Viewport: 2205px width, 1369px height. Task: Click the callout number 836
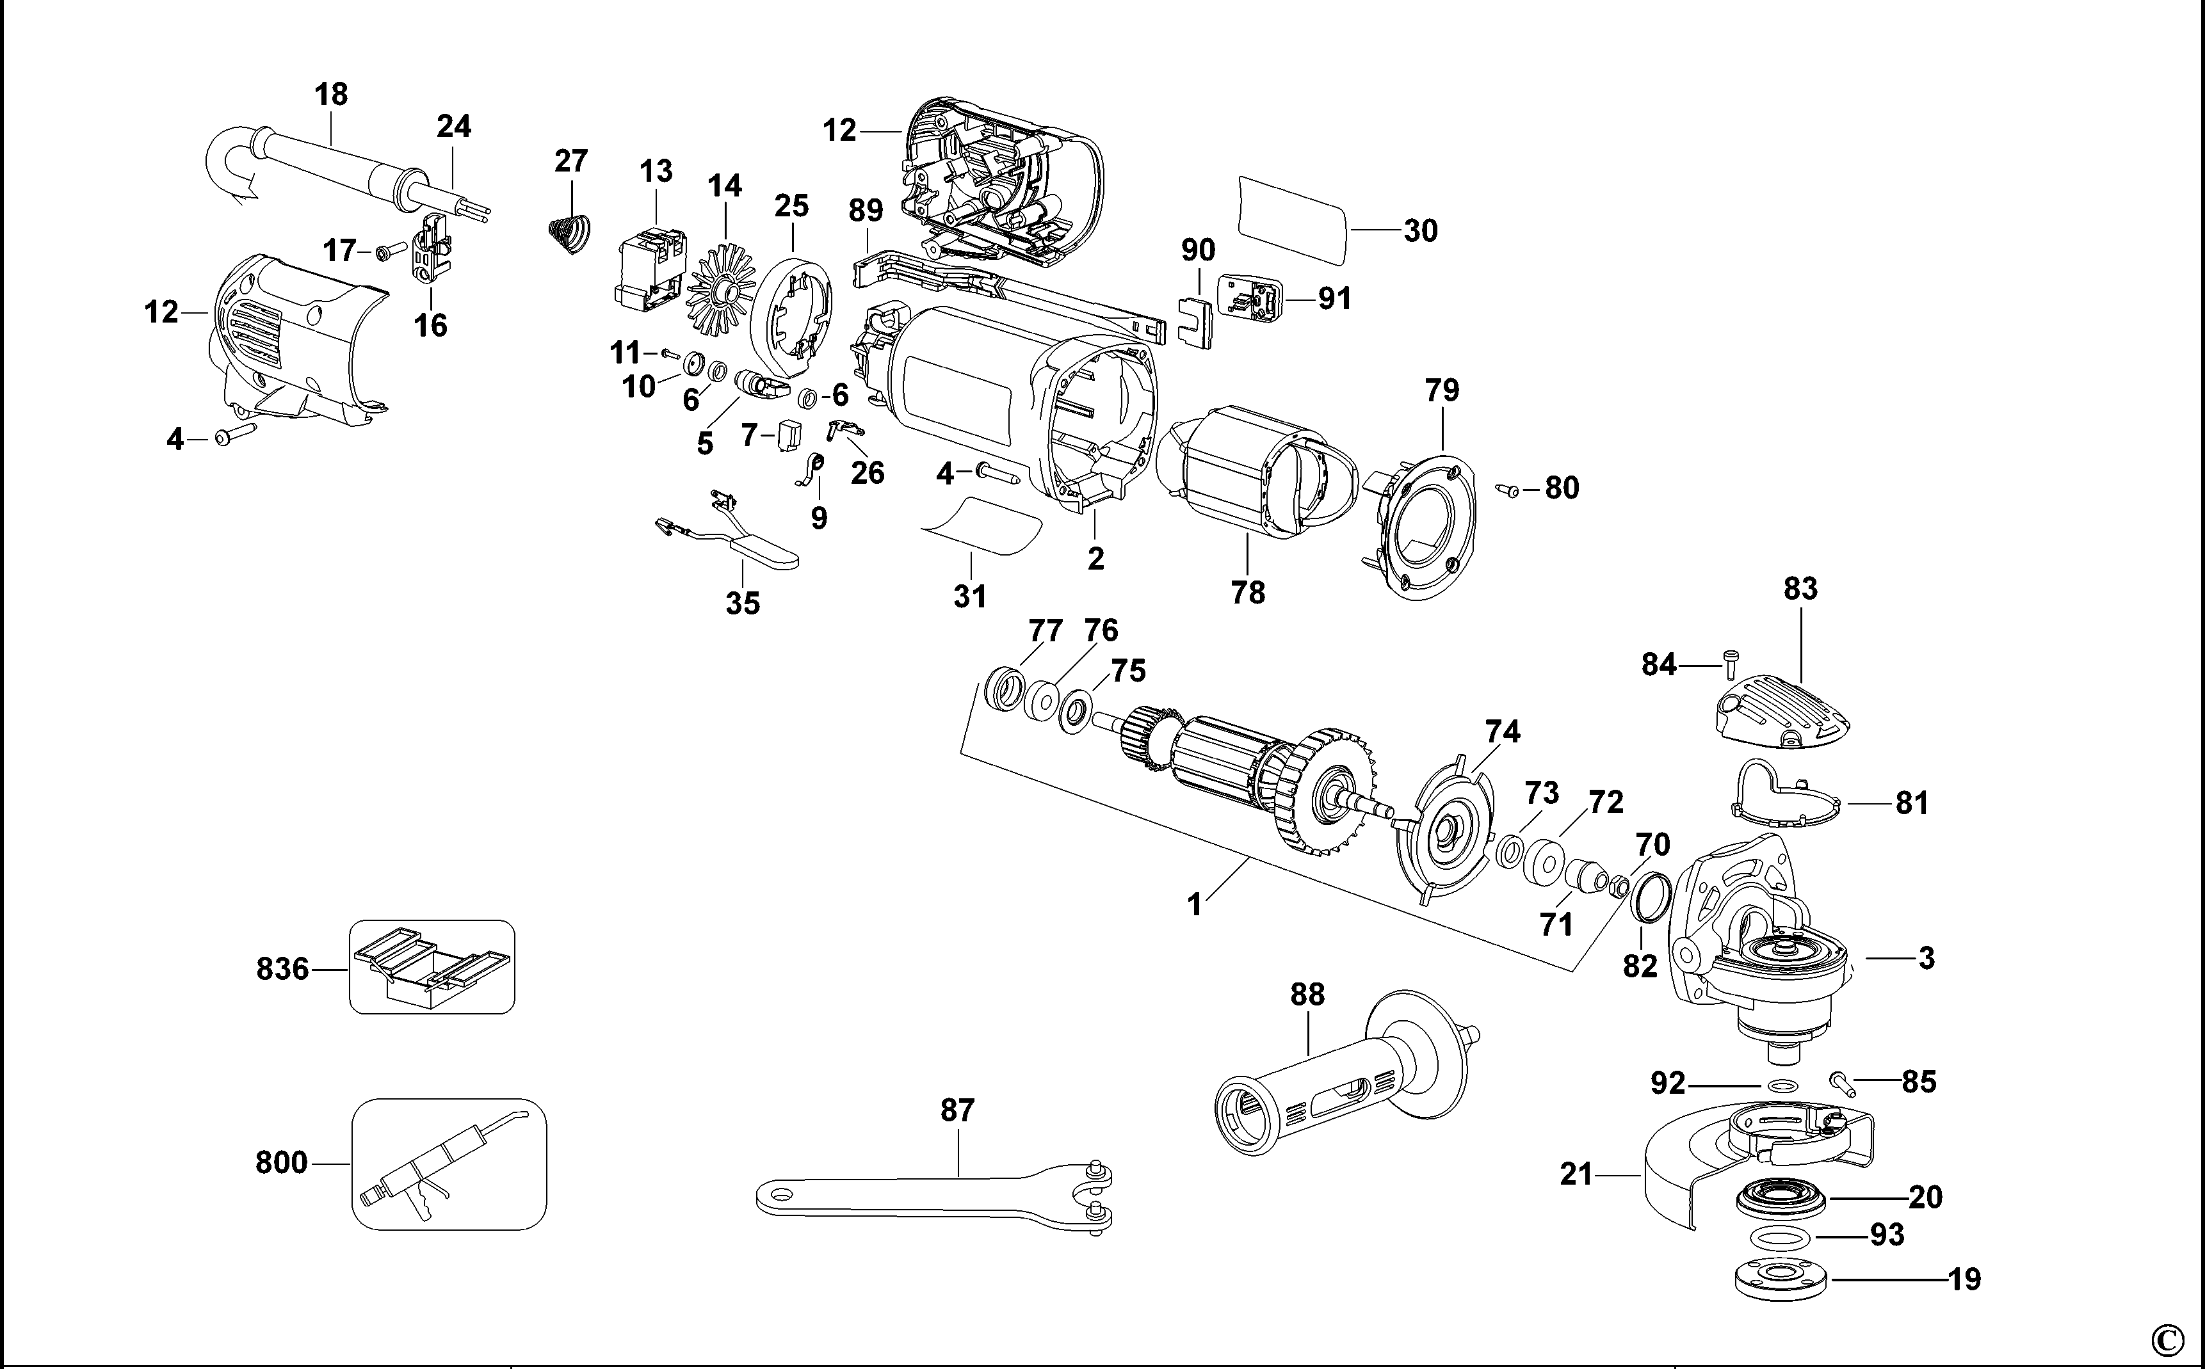(x=282, y=969)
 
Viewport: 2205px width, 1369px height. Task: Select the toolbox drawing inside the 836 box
(x=432, y=967)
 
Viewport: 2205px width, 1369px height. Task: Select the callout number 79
(x=1442, y=390)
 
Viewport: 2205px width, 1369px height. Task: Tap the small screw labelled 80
(x=1508, y=490)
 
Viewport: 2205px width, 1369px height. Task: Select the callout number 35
(x=743, y=603)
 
